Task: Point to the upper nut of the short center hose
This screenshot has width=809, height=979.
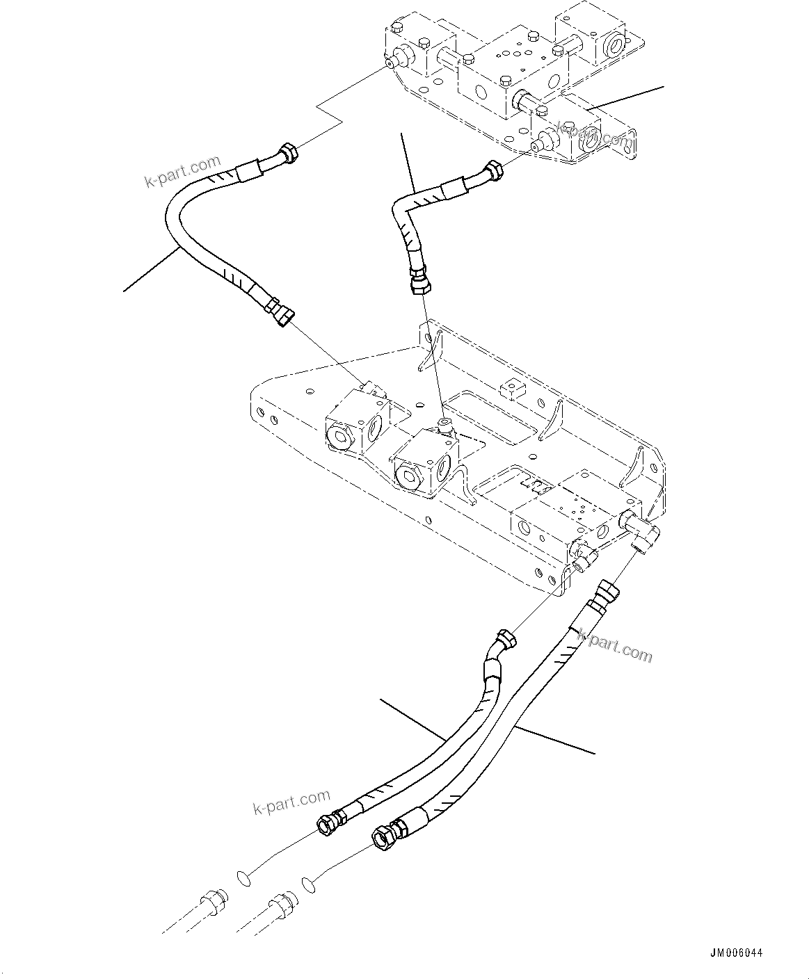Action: [492, 170]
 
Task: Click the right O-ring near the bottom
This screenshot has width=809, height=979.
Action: [307, 884]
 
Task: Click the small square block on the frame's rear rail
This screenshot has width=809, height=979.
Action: [512, 388]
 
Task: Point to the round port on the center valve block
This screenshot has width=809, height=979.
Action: [407, 476]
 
